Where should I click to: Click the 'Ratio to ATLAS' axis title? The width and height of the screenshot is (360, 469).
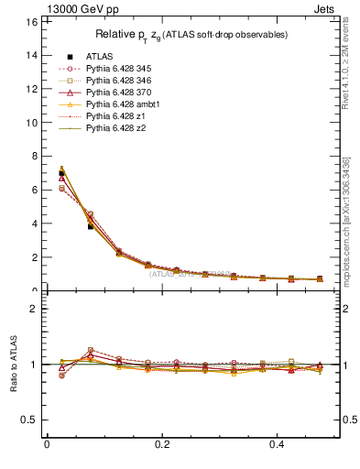[x=14, y=365]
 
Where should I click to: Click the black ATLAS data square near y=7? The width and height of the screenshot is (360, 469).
[x=61, y=173]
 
